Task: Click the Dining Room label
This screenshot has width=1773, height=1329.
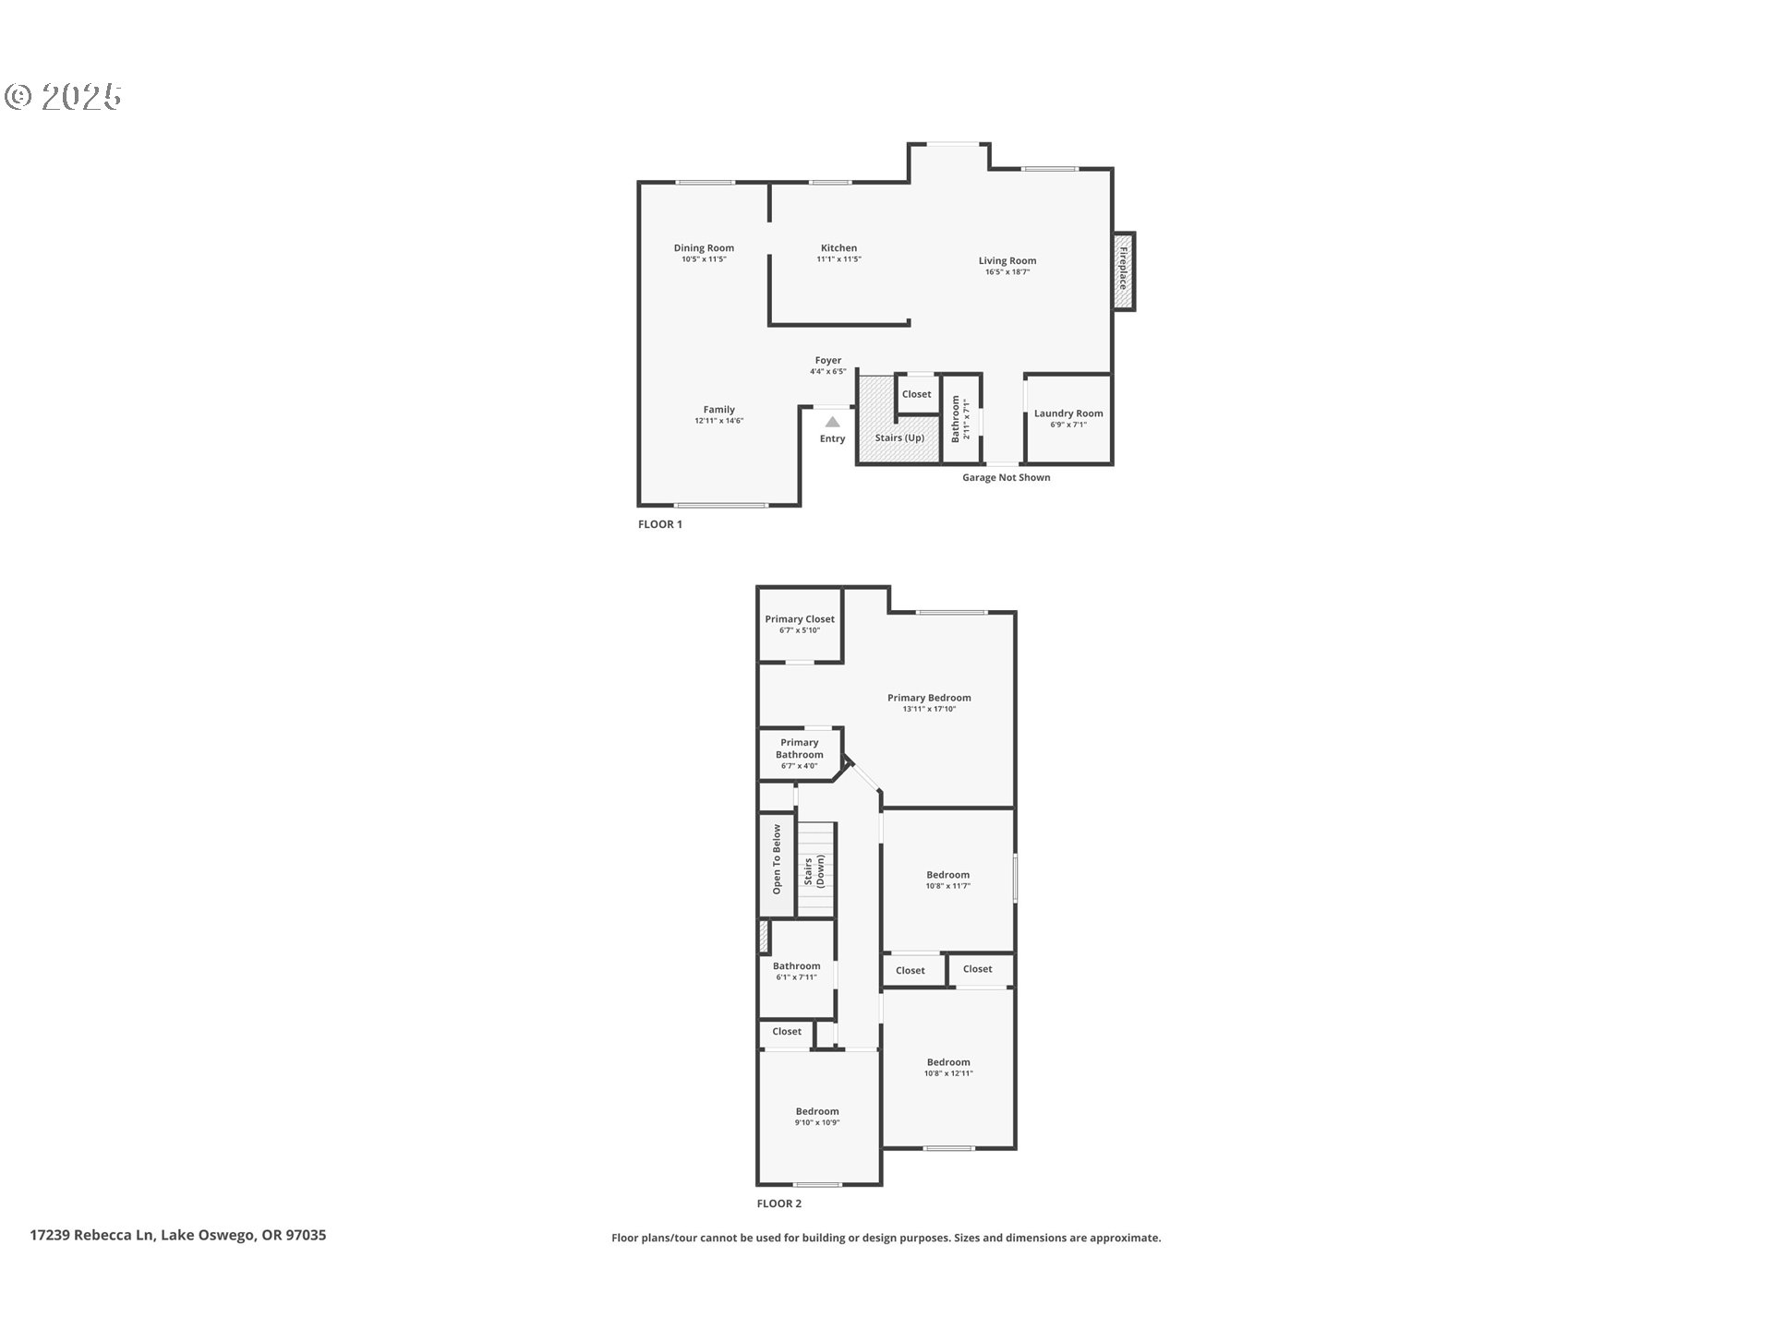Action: tap(704, 247)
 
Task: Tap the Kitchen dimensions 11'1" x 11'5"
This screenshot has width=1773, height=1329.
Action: tap(838, 259)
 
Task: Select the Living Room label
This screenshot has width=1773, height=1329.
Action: tap(1007, 261)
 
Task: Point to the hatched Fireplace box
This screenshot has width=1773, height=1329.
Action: tap(1124, 271)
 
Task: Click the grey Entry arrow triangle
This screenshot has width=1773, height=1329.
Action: tap(832, 422)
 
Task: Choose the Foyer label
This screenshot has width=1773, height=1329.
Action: tap(828, 360)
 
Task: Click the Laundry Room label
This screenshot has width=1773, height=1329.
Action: tap(1068, 413)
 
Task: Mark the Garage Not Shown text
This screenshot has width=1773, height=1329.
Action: tap(1007, 477)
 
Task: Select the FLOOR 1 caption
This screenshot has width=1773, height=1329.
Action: tap(660, 524)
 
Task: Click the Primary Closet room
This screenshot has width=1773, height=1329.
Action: tap(800, 625)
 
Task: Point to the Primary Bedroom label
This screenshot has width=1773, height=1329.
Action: tap(929, 698)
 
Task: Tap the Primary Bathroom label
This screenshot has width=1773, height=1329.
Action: tap(800, 748)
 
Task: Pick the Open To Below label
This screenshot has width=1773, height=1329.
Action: tap(777, 859)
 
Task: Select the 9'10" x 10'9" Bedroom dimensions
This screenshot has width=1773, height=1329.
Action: tap(817, 1122)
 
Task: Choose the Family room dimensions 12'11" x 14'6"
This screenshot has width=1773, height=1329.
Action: tap(719, 421)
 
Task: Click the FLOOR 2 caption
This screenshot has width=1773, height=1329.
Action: tap(779, 1203)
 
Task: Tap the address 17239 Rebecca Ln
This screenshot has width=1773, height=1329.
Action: tap(91, 1235)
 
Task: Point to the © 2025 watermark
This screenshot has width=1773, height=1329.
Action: tap(63, 96)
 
